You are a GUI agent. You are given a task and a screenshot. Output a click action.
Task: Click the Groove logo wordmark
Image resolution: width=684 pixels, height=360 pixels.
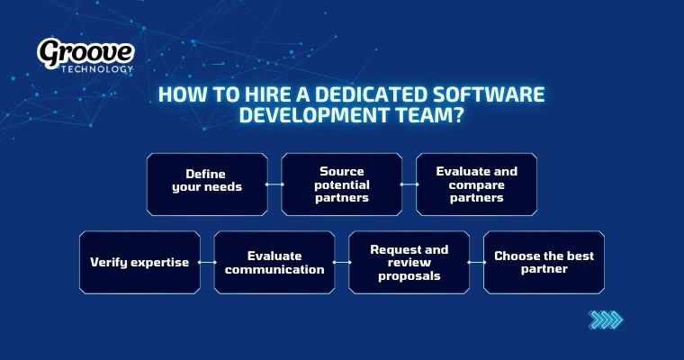(85, 53)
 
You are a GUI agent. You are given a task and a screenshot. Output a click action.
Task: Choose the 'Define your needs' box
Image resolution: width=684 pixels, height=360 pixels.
(207, 184)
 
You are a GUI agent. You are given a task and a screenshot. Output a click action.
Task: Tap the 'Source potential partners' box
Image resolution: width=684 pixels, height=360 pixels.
(342, 184)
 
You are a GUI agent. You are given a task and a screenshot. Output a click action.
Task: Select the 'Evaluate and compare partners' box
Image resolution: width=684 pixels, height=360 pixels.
(476, 184)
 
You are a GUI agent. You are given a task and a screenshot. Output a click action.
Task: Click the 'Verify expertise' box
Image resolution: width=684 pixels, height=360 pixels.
(139, 262)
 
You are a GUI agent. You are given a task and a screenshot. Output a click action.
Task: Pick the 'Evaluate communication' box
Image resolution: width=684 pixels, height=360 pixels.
(274, 262)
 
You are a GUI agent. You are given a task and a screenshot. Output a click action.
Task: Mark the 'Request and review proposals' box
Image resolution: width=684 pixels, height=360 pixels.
(409, 262)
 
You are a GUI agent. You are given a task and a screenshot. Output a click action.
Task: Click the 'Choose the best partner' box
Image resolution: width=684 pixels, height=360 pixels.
(544, 262)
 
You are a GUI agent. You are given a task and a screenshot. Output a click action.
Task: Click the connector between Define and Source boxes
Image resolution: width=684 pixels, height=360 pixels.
(274, 184)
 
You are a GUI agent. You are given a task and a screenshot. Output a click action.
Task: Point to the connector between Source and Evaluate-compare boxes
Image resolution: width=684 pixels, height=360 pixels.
(409, 184)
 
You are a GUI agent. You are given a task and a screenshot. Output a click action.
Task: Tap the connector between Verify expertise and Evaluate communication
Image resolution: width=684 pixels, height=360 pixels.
(207, 262)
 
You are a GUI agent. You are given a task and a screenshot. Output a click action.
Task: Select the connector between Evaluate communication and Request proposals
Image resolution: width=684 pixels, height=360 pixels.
(342, 262)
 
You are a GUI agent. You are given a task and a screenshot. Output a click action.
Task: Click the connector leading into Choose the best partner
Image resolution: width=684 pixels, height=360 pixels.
(476, 262)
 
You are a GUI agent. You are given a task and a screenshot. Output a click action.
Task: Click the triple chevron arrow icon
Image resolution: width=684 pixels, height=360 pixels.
(605, 319)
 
